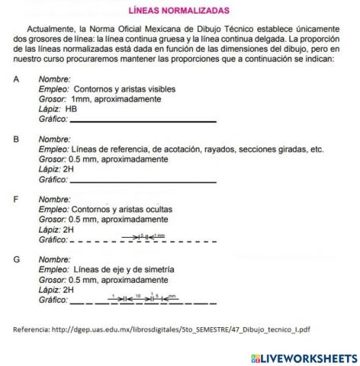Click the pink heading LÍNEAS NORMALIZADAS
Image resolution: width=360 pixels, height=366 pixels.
(179, 11)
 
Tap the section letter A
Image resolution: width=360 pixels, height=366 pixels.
(16, 79)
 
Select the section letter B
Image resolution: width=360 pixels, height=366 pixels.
(16, 140)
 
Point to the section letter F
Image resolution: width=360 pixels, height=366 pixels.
(16, 200)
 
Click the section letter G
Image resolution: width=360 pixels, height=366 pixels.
(16, 260)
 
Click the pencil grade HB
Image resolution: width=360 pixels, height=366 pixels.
(72, 109)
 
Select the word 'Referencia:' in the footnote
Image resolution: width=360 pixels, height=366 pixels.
(29, 329)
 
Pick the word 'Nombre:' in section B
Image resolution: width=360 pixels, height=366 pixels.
(54, 140)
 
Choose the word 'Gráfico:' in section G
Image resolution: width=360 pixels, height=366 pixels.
(53, 300)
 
